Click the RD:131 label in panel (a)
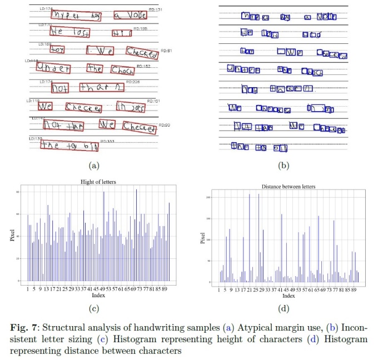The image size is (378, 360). coord(155,10)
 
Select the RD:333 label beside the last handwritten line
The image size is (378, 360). coord(107,142)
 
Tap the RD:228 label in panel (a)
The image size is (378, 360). coord(133,82)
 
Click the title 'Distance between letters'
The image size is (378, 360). coord(289,187)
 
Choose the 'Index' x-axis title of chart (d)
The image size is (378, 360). coord(290,296)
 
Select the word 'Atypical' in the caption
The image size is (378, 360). coord(250,324)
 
